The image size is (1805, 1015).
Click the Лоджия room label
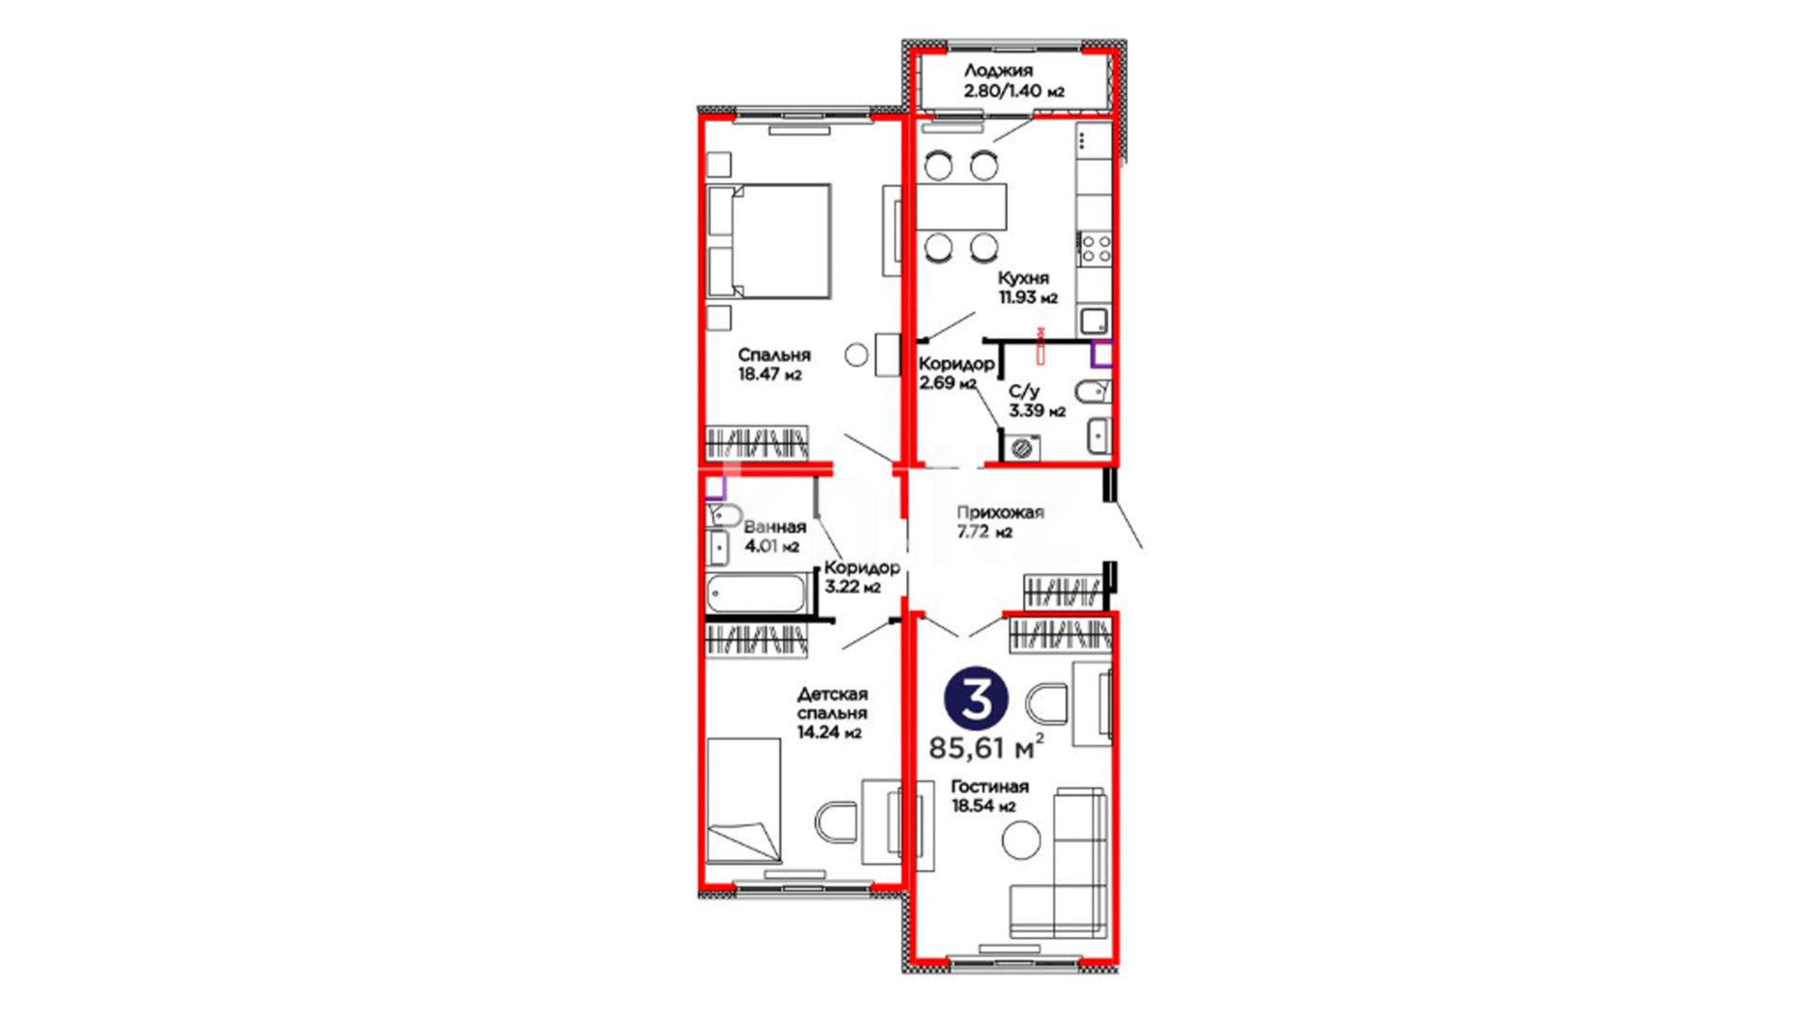click(997, 70)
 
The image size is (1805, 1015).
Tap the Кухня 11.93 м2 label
click(1027, 288)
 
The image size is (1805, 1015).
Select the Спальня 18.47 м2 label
click(773, 365)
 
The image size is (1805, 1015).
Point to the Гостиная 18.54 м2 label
click(989, 796)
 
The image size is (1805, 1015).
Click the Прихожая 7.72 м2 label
click(999, 522)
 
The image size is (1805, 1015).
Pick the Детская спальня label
click(832, 704)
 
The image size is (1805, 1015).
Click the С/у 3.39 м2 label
click(1037, 401)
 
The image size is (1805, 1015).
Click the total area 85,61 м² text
click(986, 748)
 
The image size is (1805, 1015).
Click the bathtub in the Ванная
click(756, 593)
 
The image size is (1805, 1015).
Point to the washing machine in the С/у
click(1023, 447)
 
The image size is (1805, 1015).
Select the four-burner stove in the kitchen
click(1095, 249)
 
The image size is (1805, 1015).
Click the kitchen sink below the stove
click(1093, 321)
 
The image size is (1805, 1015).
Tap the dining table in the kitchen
click(961, 208)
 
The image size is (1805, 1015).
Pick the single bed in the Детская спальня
click(744, 801)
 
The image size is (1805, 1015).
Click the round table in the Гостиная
click(1021, 839)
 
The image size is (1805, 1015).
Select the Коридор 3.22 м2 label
click(861, 577)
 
